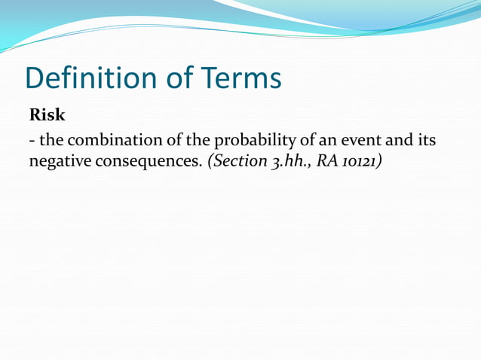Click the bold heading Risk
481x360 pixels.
(x=47, y=116)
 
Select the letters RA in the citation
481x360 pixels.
(x=329, y=161)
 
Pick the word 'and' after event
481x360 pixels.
(x=398, y=141)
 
